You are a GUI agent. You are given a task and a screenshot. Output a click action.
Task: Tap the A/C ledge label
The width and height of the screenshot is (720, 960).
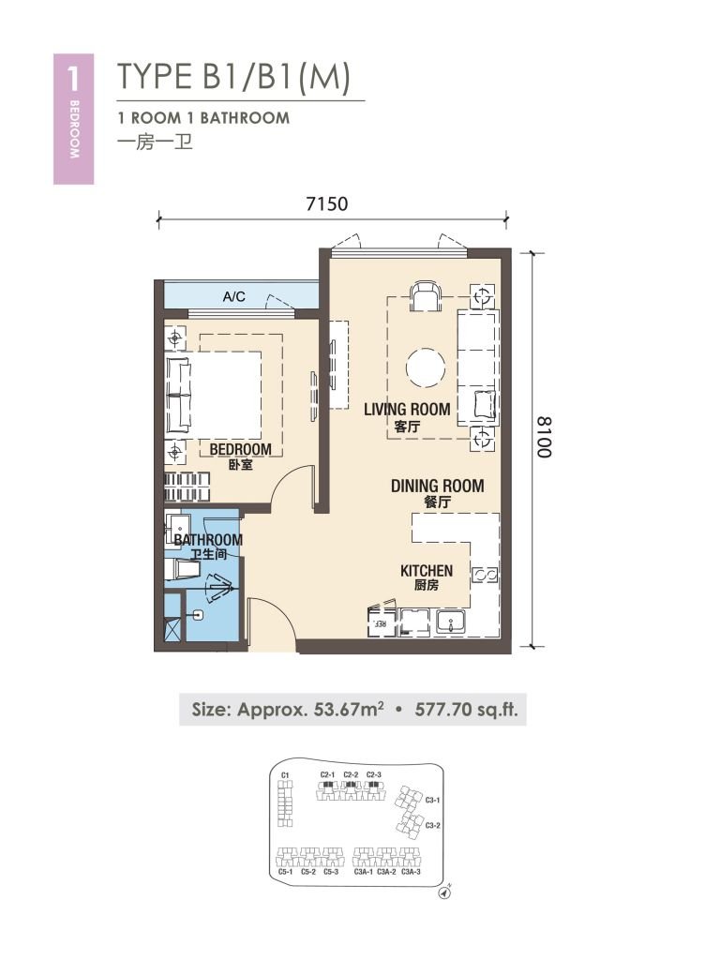[233, 297]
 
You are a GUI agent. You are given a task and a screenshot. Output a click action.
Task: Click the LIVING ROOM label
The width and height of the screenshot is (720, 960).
[407, 410]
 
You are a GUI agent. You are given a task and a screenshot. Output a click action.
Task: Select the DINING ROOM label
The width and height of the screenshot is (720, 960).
[437, 486]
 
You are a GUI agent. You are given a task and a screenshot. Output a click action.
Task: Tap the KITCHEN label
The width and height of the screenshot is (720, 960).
[427, 571]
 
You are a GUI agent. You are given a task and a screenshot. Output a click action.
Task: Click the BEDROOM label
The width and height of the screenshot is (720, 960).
[240, 450]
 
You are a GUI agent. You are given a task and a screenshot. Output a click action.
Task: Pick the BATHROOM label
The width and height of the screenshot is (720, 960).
[208, 540]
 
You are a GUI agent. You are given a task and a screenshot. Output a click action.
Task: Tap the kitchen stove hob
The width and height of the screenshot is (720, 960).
[486, 575]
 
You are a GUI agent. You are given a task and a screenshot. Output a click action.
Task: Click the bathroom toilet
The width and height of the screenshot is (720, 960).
[177, 567]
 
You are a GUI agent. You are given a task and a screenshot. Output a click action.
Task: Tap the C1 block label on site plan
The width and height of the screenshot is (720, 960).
[285, 775]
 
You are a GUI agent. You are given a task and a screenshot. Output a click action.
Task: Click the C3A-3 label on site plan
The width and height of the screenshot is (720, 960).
[411, 872]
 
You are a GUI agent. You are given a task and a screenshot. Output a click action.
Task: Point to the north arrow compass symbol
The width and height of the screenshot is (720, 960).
[443, 892]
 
